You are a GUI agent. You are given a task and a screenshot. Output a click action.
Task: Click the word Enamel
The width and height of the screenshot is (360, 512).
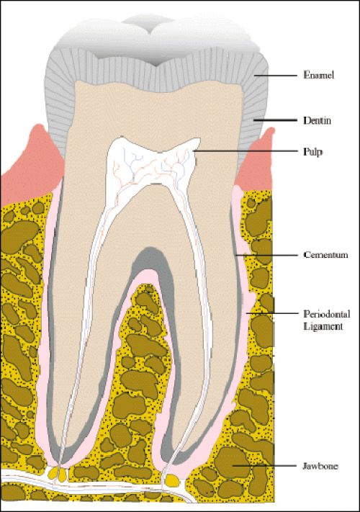(319, 75)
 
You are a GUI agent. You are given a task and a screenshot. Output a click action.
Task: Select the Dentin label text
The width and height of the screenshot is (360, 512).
(318, 120)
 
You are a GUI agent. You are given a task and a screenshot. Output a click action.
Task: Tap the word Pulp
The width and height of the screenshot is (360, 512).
(312, 152)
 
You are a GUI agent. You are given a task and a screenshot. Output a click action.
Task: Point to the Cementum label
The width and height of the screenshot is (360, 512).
(325, 255)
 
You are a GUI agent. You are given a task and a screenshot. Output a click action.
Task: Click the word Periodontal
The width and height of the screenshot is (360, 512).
(327, 314)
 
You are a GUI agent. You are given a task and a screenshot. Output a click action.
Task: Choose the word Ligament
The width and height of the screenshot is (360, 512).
(323, 326)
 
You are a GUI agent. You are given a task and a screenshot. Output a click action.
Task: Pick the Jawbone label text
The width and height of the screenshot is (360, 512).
(320, 466)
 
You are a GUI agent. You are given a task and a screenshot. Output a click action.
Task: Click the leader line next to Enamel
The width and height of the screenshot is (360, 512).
(276, 76)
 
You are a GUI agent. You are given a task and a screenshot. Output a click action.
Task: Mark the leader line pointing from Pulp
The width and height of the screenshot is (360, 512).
(245, 151)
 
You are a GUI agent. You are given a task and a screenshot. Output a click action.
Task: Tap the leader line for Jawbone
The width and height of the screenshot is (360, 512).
(264, 466)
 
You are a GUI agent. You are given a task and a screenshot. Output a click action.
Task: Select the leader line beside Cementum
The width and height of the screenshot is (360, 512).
(266, 255)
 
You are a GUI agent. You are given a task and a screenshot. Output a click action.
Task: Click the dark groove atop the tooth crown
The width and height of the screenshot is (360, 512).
(156, 60)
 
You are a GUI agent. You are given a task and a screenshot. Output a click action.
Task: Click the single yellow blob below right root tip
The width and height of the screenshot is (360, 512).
(171, 480)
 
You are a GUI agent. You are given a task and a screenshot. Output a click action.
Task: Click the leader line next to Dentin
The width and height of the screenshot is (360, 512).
(276, 120)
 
